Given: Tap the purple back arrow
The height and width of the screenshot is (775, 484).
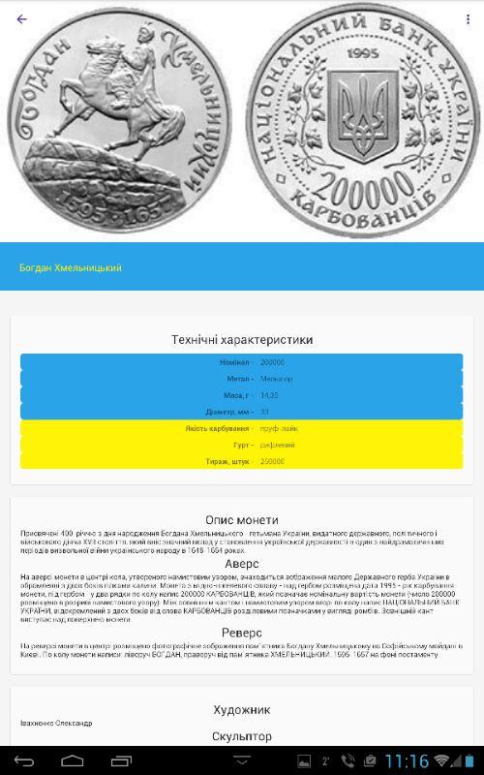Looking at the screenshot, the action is (x=22, y=18).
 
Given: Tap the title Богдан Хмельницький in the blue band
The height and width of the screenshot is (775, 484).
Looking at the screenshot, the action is (x=71, y=267).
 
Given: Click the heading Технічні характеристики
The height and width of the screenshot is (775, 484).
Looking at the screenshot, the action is (x=242, y=340).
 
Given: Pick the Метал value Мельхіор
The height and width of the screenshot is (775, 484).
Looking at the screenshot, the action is (x=276, y=379).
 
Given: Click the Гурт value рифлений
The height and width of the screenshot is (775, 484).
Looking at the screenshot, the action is (x=276, y=445).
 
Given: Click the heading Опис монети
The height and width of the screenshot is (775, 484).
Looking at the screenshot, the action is (x=242, y=519).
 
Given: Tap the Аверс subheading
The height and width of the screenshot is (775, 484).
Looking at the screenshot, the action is (x=242, y=563).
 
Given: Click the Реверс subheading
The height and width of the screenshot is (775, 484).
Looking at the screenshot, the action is (x=242, y=633).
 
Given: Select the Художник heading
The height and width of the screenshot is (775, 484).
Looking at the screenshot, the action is (x=242, y=709).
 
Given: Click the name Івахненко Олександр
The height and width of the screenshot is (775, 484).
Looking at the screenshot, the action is (x=56, y=724).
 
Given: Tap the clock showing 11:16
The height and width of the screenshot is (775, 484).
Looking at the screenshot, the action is (x=407, y=761).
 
